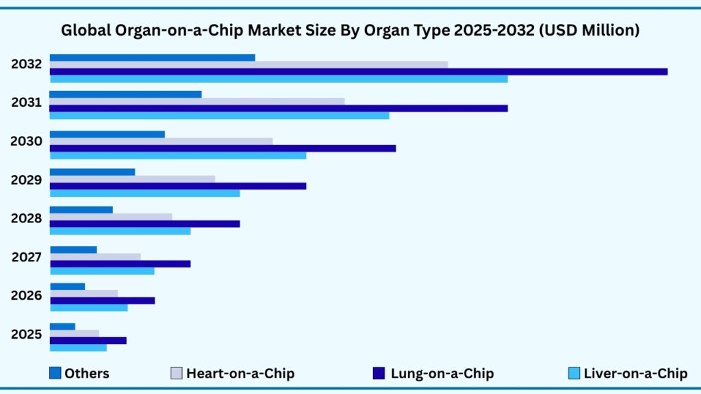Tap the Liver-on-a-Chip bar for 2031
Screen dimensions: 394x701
click(219, 116)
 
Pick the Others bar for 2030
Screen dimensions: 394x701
click(107, 134)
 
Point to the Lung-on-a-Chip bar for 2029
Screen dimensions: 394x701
click(178, 186)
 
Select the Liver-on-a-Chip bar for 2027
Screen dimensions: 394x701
click(102, 271)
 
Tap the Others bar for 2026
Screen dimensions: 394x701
click(67, 287)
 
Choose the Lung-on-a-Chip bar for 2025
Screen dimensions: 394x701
click(88, 341)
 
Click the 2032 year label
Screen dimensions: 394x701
click(26, 65)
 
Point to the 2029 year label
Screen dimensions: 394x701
click(26, 181)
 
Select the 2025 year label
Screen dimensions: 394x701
click(26, 335)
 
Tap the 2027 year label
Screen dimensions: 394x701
click(26, 258)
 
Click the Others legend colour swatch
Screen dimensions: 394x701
click(55, 373)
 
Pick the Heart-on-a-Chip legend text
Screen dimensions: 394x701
click(240, 373)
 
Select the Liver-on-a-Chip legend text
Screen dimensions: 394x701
click(635, 373)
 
